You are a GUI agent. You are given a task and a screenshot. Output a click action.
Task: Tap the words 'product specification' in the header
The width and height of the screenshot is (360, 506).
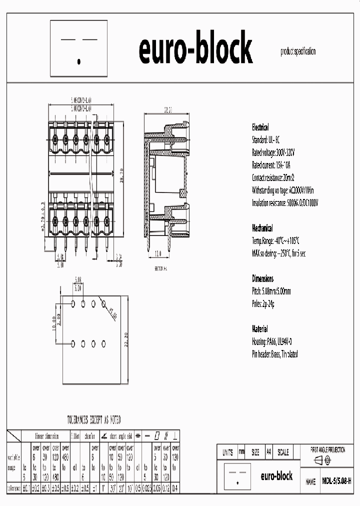(x=298, y=51)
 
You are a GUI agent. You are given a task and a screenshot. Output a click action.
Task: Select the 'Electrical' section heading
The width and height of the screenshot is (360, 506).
(x=260, y=127)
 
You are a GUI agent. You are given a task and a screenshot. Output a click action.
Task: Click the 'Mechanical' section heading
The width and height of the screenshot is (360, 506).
(x=262, y=228)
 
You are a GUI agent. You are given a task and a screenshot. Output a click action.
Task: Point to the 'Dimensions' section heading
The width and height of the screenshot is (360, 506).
(x=262, y=278)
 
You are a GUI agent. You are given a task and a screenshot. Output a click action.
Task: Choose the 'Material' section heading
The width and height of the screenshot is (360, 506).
(x=259, y=329)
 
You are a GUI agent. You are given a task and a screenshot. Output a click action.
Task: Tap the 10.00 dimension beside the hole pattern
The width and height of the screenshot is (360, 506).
(x=54, y=323)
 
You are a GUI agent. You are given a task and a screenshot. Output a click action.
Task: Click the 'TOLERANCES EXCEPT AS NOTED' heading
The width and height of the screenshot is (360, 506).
(x=94, y=420)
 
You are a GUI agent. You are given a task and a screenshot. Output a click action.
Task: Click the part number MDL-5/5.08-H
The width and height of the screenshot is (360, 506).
(x=336, y=481)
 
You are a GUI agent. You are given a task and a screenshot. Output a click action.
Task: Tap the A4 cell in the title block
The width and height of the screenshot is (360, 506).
(x=268, y=452)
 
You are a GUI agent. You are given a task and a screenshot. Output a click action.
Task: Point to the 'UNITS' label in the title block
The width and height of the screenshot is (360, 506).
(x=227, y=452)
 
